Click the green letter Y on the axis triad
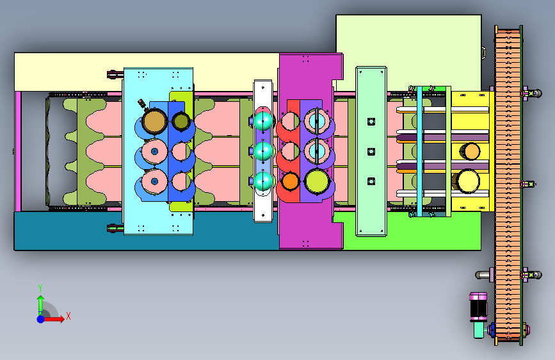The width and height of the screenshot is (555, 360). [x=40, y=288]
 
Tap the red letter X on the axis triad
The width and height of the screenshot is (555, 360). [x=68, y=316]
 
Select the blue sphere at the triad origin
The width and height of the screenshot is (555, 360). [x=41, y=319]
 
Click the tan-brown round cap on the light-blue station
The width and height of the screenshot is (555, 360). [x=155, y=121]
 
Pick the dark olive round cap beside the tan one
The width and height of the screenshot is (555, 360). [x=181, y=121]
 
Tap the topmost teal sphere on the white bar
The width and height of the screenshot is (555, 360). [x=263, y=121]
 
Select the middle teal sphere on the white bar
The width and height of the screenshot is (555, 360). [x=263, y=151]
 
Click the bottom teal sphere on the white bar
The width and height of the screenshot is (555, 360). [x=263, y=181]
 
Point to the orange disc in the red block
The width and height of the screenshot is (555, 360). [x=290, y=181]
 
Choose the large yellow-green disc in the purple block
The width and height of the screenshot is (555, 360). [x=317, y=181]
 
